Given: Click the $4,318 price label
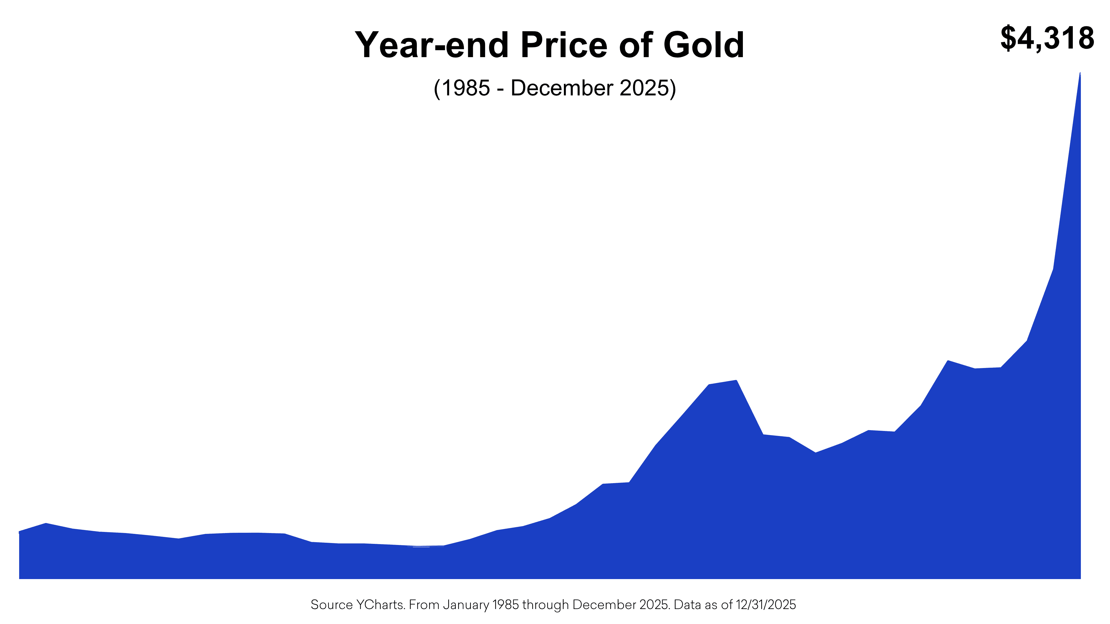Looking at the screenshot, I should pos(1047,39).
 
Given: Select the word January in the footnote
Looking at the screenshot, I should pos(466,605).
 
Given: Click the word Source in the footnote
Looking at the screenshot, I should pos(331,605).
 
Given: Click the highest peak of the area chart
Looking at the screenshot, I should pos(1080,74).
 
